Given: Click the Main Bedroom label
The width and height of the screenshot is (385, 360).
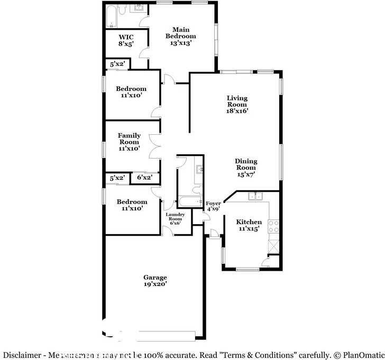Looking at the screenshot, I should (180, 36).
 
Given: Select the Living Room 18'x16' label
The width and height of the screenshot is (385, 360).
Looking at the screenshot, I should (237, 104).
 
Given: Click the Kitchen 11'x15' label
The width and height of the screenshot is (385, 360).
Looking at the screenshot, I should (249, 226).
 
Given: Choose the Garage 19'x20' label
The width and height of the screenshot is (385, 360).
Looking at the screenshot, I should (155, 281).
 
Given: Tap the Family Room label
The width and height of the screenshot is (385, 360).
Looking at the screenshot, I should (129, 142).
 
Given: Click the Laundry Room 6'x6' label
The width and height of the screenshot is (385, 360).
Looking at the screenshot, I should (175, 218).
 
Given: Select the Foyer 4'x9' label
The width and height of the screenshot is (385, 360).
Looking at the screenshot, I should (213, 206).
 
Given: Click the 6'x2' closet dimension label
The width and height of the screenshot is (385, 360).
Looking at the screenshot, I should (144, 178).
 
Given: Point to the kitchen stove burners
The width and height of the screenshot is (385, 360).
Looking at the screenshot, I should (274, 226).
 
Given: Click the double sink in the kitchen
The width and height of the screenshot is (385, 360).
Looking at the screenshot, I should (255, 197).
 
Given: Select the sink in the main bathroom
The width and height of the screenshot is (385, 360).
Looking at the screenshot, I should (139, 7).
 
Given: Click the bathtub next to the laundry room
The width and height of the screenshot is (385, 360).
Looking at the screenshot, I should (188, 201).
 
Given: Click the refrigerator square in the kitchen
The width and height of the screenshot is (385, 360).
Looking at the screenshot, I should (274, 246).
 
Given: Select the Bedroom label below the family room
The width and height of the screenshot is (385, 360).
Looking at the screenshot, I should (132, 205).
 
